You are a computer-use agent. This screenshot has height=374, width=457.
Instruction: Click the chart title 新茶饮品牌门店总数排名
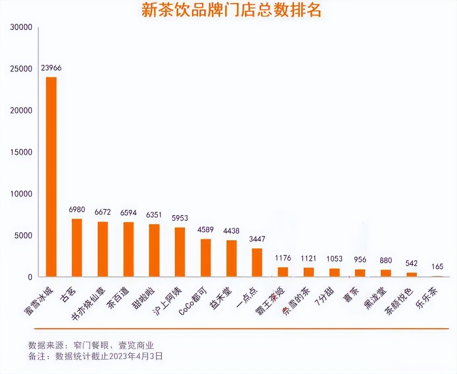(231, 10)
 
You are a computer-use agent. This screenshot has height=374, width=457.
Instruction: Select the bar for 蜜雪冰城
(51, 177)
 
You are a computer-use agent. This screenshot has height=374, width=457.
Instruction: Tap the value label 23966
(51, 68)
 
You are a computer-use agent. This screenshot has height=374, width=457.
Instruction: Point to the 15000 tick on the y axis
(21, 152)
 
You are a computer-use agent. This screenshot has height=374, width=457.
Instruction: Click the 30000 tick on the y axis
(21, 27)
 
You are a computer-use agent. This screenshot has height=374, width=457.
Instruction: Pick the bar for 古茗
(77, 248)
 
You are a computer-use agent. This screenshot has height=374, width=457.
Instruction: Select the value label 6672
(103, 212)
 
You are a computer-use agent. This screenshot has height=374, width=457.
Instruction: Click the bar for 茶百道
(128, 249)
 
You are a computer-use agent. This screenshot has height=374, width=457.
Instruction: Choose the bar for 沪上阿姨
(180, 252)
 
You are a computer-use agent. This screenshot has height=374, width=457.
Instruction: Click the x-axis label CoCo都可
(193, 301)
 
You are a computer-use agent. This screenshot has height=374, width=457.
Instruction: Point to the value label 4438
(231, 231)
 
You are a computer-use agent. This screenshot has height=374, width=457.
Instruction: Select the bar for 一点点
(257, 263)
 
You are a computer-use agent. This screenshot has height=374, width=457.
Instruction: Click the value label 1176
(283, 258)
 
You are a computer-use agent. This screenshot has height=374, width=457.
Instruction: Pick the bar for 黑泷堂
(386, 273)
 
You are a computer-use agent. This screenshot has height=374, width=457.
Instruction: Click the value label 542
(411, 263)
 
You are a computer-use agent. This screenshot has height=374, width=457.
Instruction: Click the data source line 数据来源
(91, 346)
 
